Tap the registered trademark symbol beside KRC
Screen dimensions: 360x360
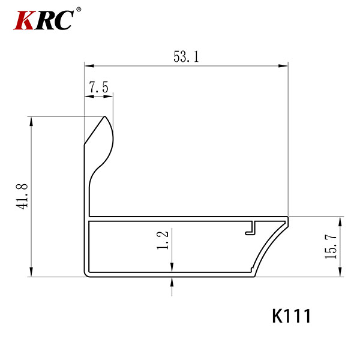click(79, 10)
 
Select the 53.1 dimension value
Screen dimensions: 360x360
click(186, 57)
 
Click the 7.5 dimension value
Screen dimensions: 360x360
click(99, 87)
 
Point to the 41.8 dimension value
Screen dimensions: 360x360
click(22, 197)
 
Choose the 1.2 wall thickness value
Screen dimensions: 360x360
click(163, 241)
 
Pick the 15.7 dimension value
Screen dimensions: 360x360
click(331, 247)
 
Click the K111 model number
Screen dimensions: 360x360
click(292, 316)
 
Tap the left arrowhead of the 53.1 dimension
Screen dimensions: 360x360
click(89, 66)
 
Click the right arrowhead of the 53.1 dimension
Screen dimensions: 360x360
click(283, 66)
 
